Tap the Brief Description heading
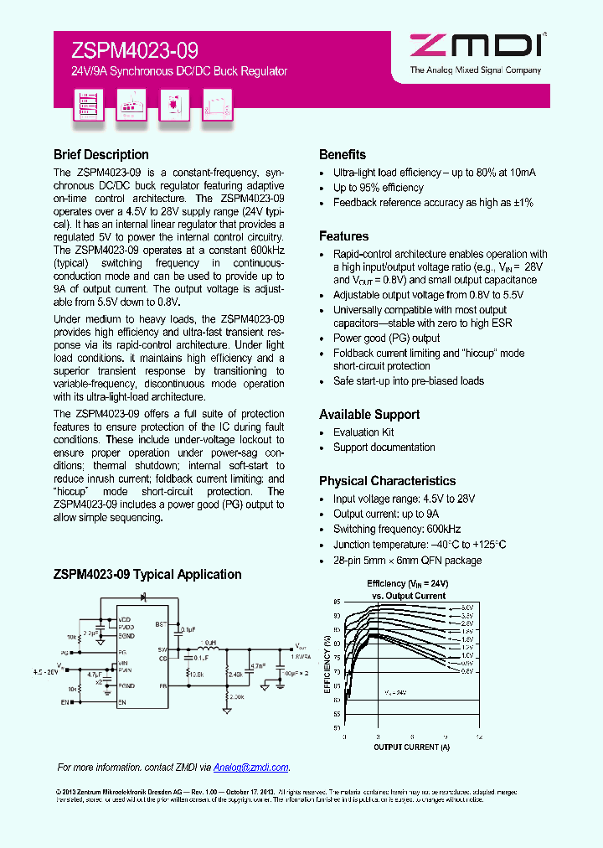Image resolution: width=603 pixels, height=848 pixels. (x=100, y=155)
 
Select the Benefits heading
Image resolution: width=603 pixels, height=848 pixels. (x=343, y=155)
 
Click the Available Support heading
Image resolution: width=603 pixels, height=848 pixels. (x=369, y=415)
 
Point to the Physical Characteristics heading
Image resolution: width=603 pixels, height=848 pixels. (x=387, y=481)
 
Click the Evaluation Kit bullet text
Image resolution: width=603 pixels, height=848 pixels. (x=363, y=432)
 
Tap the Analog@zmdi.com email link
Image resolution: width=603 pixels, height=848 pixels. (x=250, y=767)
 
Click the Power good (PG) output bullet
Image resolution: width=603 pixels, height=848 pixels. (x=374, y=339)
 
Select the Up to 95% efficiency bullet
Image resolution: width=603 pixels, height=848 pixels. (x=379, y=188)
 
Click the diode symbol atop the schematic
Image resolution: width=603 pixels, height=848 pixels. (x=142, y=597)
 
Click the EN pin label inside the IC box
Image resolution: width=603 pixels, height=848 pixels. (x=123, y=701)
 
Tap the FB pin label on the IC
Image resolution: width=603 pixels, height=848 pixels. (x=162, y=685)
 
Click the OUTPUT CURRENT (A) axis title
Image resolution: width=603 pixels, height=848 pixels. (x=411, y=747)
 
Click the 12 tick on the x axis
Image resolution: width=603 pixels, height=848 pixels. (x=478, y=736)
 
